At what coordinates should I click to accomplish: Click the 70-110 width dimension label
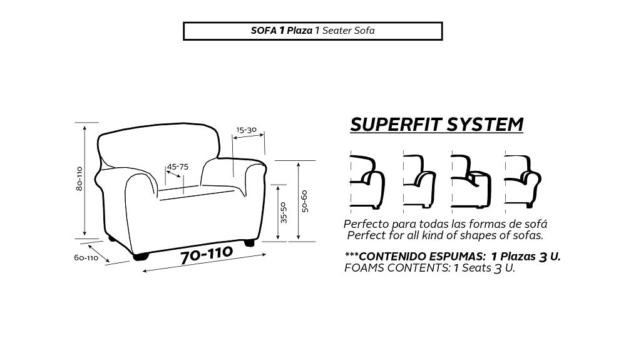click(x=206, y=254)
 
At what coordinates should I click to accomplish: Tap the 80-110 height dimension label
click(x=80, y=179)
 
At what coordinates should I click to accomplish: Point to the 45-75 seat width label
click(x=178, y=167)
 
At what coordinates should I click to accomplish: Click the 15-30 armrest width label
click(x=247, y=130)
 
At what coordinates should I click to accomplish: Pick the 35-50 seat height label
click(x=284, y=212)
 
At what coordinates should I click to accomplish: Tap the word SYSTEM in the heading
click(x=486, y=125)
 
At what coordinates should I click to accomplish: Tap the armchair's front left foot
click(x=141, y=256)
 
